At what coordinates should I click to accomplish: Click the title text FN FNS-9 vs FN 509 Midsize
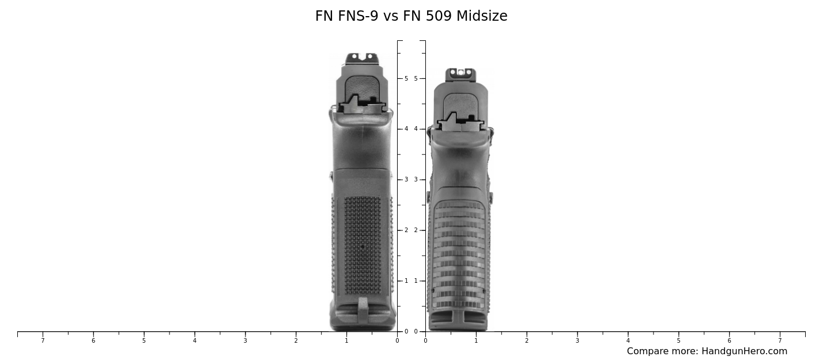click(411, 16)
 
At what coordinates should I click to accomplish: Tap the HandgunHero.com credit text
click(707, 351)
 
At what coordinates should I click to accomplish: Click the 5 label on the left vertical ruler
click(406, 78)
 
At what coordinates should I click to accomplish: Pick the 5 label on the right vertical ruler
click(416, 78)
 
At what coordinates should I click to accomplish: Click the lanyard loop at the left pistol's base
click(363, 309)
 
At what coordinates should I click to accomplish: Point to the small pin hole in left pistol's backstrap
click(363, 247)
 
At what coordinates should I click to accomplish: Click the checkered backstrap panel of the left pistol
click(363, 230)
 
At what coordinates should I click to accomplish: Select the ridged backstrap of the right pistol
click(459, 253)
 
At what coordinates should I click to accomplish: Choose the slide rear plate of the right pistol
click(460, 104)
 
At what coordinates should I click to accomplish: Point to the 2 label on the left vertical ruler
click(406, 230)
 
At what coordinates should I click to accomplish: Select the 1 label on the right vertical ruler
click(416, 281)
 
